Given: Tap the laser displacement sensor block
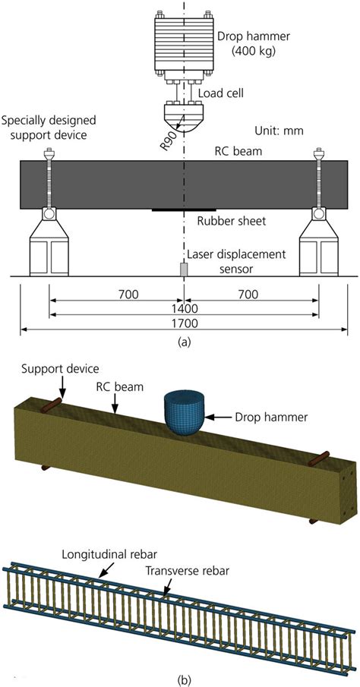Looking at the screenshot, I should (183, 269).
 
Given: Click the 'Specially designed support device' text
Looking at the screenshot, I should (54, 126).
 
